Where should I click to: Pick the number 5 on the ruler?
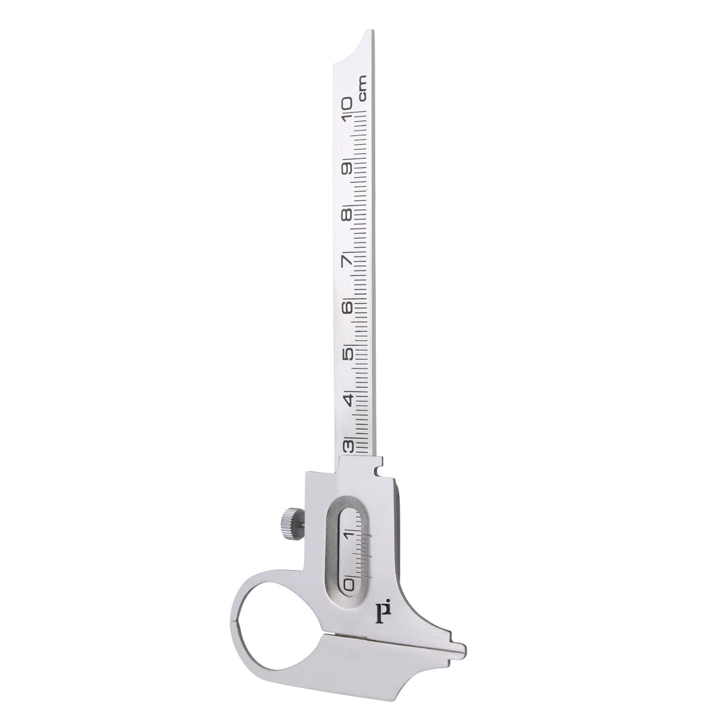coord(349,352)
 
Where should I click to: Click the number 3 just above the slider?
coord(349,446)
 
